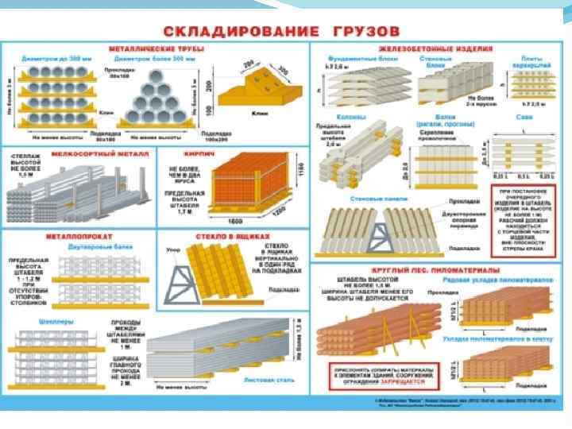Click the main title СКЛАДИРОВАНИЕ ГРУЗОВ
point(285,30)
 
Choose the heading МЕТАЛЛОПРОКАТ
point(79,236)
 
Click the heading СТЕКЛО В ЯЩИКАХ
point(234,236)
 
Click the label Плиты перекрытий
point(531,61)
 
